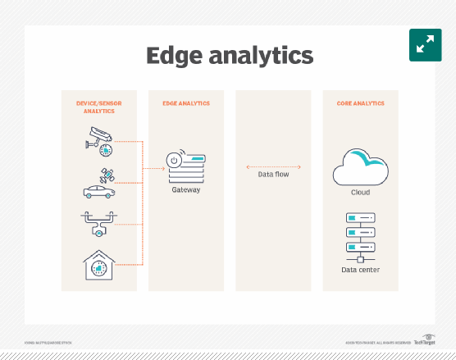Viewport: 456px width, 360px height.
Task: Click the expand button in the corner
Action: click(x=425, y=45)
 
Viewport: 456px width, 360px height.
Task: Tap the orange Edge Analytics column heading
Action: click(x=185, y=104)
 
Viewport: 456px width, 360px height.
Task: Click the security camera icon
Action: click(x=98, y=141)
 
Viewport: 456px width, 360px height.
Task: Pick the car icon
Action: click(x=98, y=192)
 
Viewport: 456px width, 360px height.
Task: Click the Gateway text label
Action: click(x=186, y=190)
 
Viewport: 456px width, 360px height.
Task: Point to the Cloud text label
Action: click(x=360, y=193)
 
